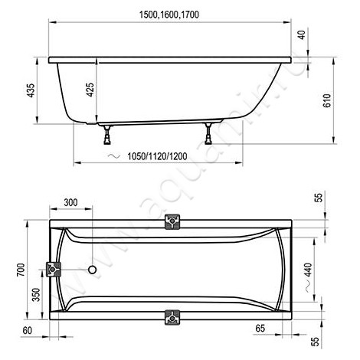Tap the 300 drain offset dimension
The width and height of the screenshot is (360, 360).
click(70, 203)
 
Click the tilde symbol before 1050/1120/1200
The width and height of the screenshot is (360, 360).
click(113, 155)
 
